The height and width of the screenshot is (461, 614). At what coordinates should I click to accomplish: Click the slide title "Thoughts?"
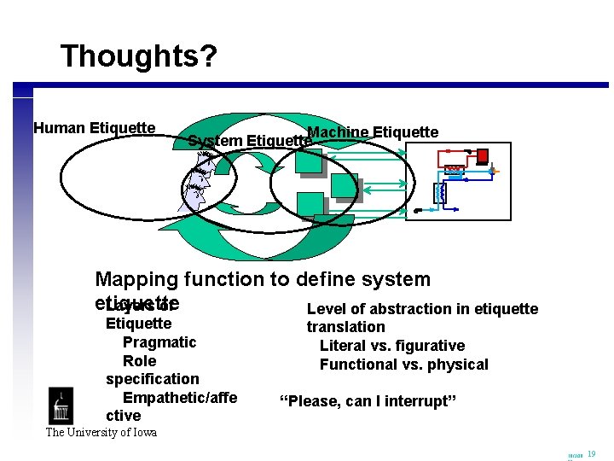click(x=139, y=56)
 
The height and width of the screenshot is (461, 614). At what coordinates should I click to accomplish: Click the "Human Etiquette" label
click(x=94, y=128)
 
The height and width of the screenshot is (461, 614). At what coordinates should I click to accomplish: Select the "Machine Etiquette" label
click(x=373, y=131)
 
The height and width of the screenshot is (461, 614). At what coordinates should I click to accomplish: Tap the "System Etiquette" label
click(x=247, y=141)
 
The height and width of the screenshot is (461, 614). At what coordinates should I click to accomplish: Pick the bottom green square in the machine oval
click(x=310, y=206)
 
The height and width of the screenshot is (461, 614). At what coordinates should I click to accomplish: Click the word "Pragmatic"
click(x=159, y=342)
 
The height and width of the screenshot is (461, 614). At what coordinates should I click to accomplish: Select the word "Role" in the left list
click(x=140, y=361)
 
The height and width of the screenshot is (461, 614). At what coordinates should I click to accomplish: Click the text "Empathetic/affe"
click(x=180, y=398)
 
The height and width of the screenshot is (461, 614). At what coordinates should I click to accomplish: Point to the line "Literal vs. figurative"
click(x=392, y=346)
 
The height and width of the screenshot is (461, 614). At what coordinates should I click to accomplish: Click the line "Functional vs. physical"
click(x=403, y=365)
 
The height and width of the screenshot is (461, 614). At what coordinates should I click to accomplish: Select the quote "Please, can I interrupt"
click(x=368, y=401)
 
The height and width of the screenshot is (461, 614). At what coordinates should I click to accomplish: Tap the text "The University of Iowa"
click(x=101, y=432)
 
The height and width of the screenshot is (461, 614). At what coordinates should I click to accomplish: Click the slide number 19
click(x=592, y=454)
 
